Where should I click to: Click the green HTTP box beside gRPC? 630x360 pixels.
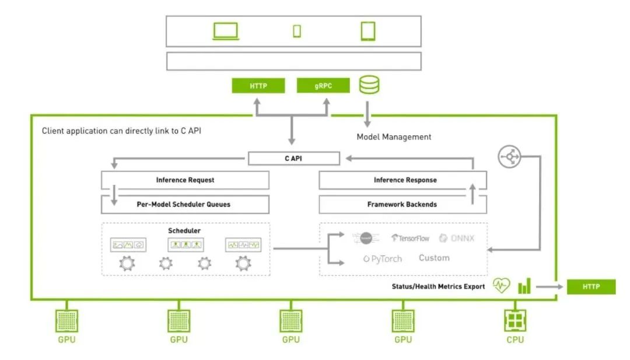[258, 86]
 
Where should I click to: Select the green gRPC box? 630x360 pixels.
[323, 86]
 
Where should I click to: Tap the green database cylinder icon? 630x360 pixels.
[369, 85]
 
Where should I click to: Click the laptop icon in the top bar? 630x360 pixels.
[226, 31]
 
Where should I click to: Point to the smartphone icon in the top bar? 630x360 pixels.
[297, 31]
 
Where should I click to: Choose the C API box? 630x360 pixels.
[293, 158]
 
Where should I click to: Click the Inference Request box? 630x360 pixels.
[185, 180]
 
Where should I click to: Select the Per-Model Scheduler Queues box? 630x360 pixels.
[185, 205]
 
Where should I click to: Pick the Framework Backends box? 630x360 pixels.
[402, 205]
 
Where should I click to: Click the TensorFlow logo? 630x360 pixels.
[411, 238]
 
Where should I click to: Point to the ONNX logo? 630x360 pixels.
[459, 238]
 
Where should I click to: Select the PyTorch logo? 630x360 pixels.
[383, 258]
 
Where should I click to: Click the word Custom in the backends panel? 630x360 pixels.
[434, 257]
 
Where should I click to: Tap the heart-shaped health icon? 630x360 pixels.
[501, 286]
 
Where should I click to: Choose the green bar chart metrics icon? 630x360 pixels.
[525, 286]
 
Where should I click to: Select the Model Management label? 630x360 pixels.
[394, 137]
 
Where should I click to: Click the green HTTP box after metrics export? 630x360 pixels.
[591, 286]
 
